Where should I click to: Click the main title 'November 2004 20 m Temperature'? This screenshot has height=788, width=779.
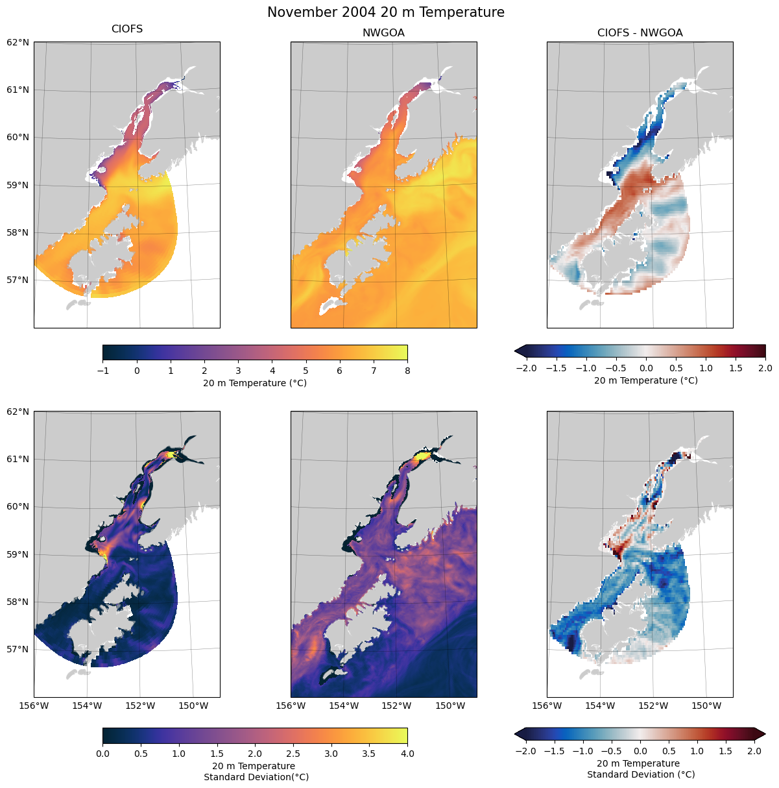(385, 12)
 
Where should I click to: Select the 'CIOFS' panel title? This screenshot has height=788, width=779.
(127, 29)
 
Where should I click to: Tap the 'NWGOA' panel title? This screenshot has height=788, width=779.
(383, 33)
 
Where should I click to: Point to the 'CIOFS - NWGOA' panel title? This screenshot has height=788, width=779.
(640, 33)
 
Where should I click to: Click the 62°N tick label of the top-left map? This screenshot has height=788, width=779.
(18, 42)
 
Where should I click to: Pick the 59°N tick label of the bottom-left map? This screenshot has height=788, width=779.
(18, 554)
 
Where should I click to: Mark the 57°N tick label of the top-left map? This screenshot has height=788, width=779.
(18, 280)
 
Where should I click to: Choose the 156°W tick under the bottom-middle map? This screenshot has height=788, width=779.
(291, 706)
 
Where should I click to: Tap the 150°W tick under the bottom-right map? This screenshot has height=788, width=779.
(706, 706)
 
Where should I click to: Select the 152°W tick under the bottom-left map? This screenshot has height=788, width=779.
(140, 706)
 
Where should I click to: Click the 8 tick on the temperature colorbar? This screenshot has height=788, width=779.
(407, 371)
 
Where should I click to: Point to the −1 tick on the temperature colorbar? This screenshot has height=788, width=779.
(102, 371)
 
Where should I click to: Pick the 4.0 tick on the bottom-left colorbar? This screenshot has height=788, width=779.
(407, 754)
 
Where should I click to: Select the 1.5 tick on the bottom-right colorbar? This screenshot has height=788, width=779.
(725, 751)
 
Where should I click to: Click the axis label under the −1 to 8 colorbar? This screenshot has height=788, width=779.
(255, 383)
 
